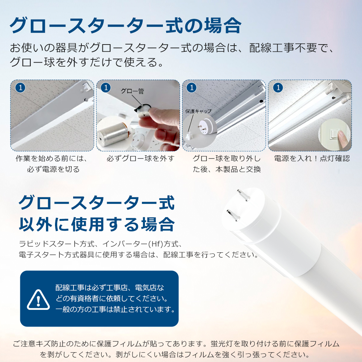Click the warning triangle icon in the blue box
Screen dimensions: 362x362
(38, 300)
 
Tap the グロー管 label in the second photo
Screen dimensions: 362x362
(132, 91)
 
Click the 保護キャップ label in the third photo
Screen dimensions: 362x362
(198, 111)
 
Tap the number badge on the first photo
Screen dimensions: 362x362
(20, 88)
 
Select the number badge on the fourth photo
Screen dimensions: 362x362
(278, 88)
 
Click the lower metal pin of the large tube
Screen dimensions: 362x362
(233, 215)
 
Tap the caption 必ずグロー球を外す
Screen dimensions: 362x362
(140, 159)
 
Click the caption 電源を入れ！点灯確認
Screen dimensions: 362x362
(312, 159)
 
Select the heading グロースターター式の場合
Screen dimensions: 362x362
(125, 25)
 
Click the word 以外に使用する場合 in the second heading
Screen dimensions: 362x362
(97, 224)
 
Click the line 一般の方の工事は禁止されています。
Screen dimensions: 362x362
(115, 309)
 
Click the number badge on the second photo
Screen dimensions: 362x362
(106, 88)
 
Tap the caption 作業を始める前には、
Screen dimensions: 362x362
(52, 159)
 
